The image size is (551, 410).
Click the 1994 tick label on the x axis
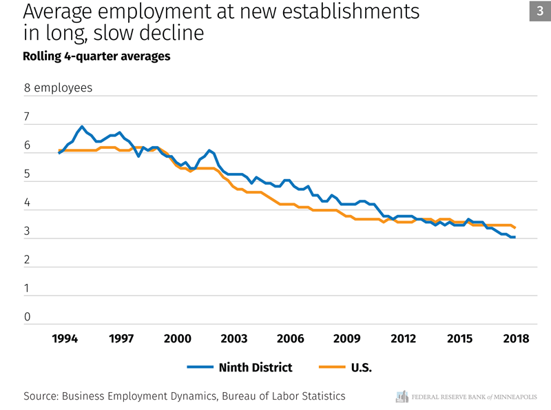(x=65, y=338)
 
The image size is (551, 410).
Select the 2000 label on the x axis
(x=178, y=338)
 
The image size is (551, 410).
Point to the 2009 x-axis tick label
(x=346, y=338)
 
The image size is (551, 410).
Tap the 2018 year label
(x=516, y=338)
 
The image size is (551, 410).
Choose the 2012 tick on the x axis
(x=403, y=338)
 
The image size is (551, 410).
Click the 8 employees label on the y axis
(x=58, y=88)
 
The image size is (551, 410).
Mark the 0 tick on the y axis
(x=27, y=318)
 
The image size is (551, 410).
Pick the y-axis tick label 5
(x=27, y=175)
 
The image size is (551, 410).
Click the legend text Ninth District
(x=256, y=367)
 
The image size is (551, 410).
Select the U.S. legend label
(x=362, y=367)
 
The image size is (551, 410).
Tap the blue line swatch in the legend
(x=200, y=367)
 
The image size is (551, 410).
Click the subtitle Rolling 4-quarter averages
(x=96, y=57)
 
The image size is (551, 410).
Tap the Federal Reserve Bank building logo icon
(x=402, y=396)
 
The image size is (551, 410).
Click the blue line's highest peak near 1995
(x=82, y=127)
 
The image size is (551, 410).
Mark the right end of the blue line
(x=515, y=237)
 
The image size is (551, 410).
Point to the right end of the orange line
(x=515, y=227)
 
